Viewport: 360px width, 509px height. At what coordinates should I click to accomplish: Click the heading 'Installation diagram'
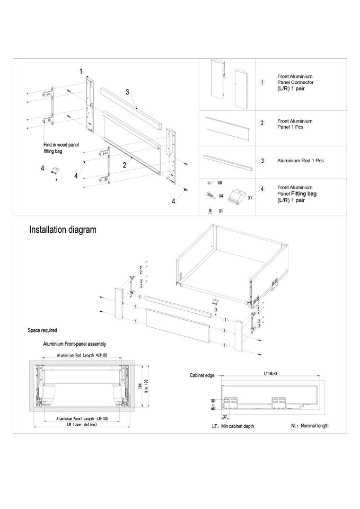(63, 230)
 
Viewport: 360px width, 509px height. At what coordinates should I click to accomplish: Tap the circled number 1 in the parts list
(262, 84)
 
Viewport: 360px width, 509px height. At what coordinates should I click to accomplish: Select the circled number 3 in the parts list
(262, 161)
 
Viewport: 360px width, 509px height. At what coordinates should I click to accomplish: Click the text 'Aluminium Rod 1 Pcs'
(300, 161)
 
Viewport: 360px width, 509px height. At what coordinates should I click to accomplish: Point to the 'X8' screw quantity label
(219, 182)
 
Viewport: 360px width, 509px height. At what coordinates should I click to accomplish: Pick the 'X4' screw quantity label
(220, 196)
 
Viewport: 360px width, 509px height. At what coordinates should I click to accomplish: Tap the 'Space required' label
(42, 330)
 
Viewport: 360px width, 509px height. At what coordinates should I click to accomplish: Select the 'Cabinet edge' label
(202, 375)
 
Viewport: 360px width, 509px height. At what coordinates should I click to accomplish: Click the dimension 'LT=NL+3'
(271, 373)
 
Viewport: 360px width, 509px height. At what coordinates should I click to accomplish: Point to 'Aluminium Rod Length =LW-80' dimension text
(82, 355)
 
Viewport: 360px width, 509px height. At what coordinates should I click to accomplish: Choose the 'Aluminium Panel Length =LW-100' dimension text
(82, 419)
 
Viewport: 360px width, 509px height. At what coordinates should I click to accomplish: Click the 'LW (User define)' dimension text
(82, 425)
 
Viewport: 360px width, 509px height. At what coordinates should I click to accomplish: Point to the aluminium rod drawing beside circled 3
(228, 160)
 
